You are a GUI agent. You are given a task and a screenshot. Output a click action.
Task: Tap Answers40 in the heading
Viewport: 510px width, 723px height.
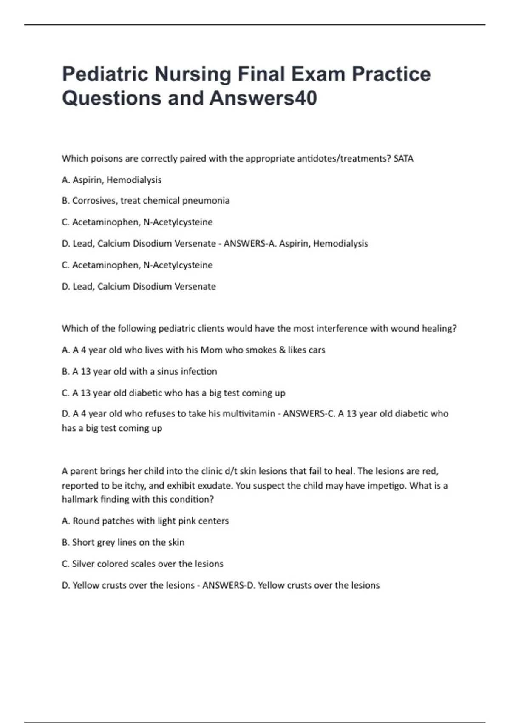[263, 98]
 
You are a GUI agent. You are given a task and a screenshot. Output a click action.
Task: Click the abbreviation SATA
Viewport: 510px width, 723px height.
[403, 159]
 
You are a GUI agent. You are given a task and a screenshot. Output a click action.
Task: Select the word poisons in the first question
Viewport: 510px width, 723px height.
[106, 159]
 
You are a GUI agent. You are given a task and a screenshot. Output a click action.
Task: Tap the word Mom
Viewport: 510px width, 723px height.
[212, 350]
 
